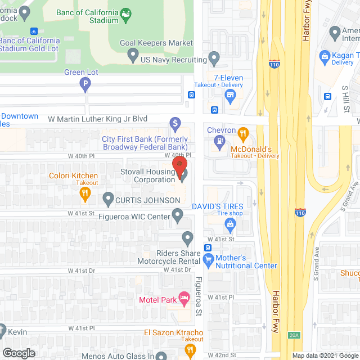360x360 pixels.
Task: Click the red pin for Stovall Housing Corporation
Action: pyautogui.click(x=179, y=164)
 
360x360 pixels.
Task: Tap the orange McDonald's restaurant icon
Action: pyautogui.click(x=243, y=133)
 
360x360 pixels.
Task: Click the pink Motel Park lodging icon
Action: pyautogui.click(x=183, y=297)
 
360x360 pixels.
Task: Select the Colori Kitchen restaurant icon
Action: pyautogui.click(x=85, y=194)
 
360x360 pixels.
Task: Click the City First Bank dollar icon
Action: pyautogui.click(x=175, y=123)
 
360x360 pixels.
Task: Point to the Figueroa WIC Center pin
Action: pyautogui.click(x=178, y=214)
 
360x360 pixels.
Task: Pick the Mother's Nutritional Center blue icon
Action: pyautogui.click(x=209, y=260)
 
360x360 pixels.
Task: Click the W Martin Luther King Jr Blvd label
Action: pyautogui.click(x=97, y=119)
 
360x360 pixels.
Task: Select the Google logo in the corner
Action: pyautogui.click(x=19, y=353)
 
